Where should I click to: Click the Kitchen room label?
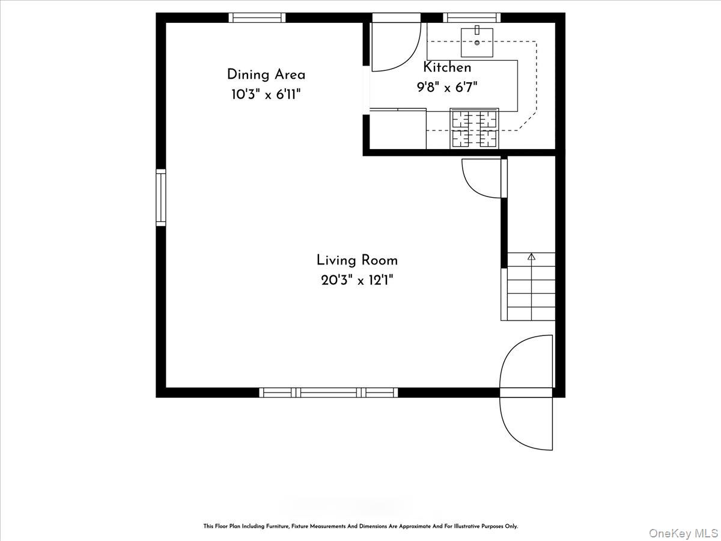click(x=447, y=67)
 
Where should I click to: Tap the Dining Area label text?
click(x=266, y=75)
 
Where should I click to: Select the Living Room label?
click(x=357, y=260)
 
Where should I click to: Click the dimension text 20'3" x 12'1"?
click(x=357, y=281)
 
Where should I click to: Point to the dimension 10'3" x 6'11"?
click(x=266, y=94)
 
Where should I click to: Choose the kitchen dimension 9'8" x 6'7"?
click(x=447, y=87)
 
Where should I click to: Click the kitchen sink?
click(x=477, y=42)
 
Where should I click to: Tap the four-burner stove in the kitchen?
click(x=474, y=129)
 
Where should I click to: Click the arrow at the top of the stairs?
click(x=531, y=257)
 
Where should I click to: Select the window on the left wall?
click(x=161, y=197)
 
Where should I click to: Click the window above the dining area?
click(x=257, y=18)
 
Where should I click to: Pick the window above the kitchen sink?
click(x=472, y=18)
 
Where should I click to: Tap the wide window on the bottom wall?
click(x=329, y=393)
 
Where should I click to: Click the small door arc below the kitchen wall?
click(x=470, y=186)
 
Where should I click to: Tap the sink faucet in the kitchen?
click(x=477, y=30)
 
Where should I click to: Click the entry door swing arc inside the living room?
click(x=513, y=351)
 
